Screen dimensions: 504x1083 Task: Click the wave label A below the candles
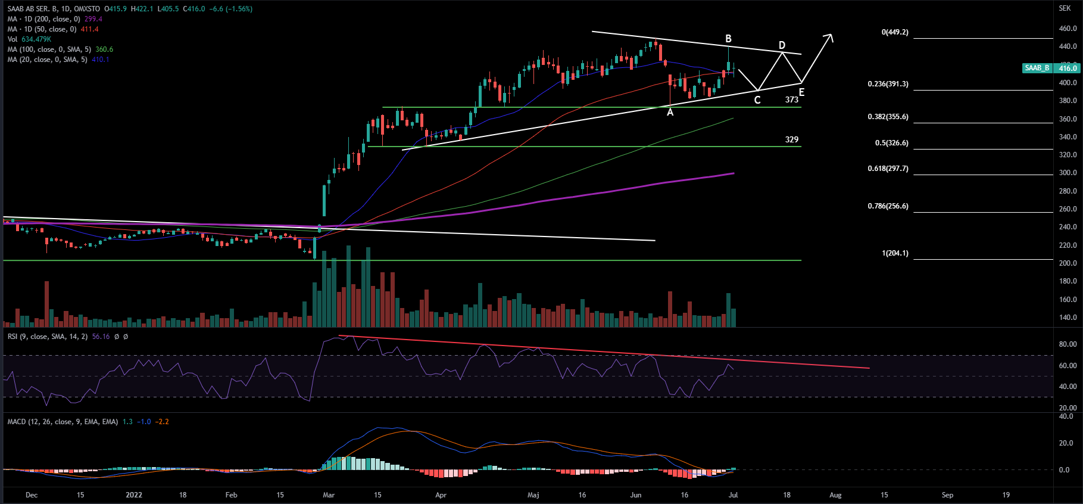pyautogui.click(x=670, y=113)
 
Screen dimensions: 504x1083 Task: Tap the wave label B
pyautogui.click(x=728, y=39)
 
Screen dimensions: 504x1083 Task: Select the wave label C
pyautogui.click(x=757, y=100)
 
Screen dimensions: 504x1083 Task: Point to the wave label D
pyautogui.click(x=782, y=45)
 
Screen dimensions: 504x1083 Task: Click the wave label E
pyautogui.click(x=801, y=92)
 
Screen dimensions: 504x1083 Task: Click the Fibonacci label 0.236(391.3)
pyautogui.click(x=888, y=84)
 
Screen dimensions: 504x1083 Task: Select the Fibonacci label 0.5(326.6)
pyautogui.click(x=891, y=143)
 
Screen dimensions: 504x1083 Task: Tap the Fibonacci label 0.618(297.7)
pyautogui.click(x=888, y=169)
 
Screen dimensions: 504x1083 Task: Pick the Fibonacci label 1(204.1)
pyautogui.click(x=895, y=253)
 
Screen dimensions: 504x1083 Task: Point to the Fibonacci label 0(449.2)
pyautogui.click(x=895, y=32)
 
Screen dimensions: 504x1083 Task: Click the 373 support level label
pyautogui.click(x=791, y=100)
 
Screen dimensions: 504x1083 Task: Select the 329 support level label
pyautogui.click(x=791, y=139)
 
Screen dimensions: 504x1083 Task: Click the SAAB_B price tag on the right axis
pyautogui.click(x=1037, y=68)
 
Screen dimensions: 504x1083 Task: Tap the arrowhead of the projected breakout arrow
pyautogui.click(x=829, y=37)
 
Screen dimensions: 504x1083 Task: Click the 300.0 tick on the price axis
pyautogui.click(x=1067, y=173)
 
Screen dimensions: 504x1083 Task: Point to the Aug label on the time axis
pyautogui.click(x=835, y=495)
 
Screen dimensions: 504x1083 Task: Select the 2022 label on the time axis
pyautogui.click(x=134, y=495)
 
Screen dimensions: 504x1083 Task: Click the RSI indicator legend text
pyautogui.click(x=48, y=337)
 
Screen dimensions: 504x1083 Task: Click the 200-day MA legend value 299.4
pyautogui.click(x=93, y=19)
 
